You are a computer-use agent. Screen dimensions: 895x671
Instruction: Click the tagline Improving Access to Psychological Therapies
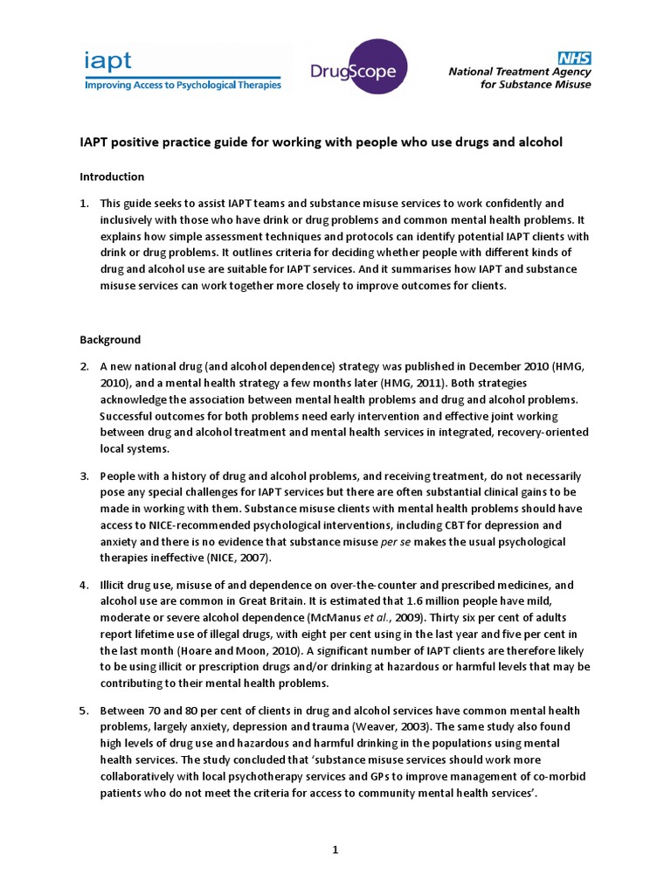(x=183, y=85)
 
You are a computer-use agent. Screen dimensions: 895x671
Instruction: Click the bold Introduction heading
(x=112, y=177)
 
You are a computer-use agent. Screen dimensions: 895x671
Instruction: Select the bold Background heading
(x=110, y=339)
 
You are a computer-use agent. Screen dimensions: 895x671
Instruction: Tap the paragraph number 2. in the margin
(x=85, y=366)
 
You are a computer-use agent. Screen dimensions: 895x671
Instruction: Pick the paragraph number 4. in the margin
(x=85, y=585)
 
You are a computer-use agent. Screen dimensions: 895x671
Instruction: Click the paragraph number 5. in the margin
(x=85, y=711)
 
